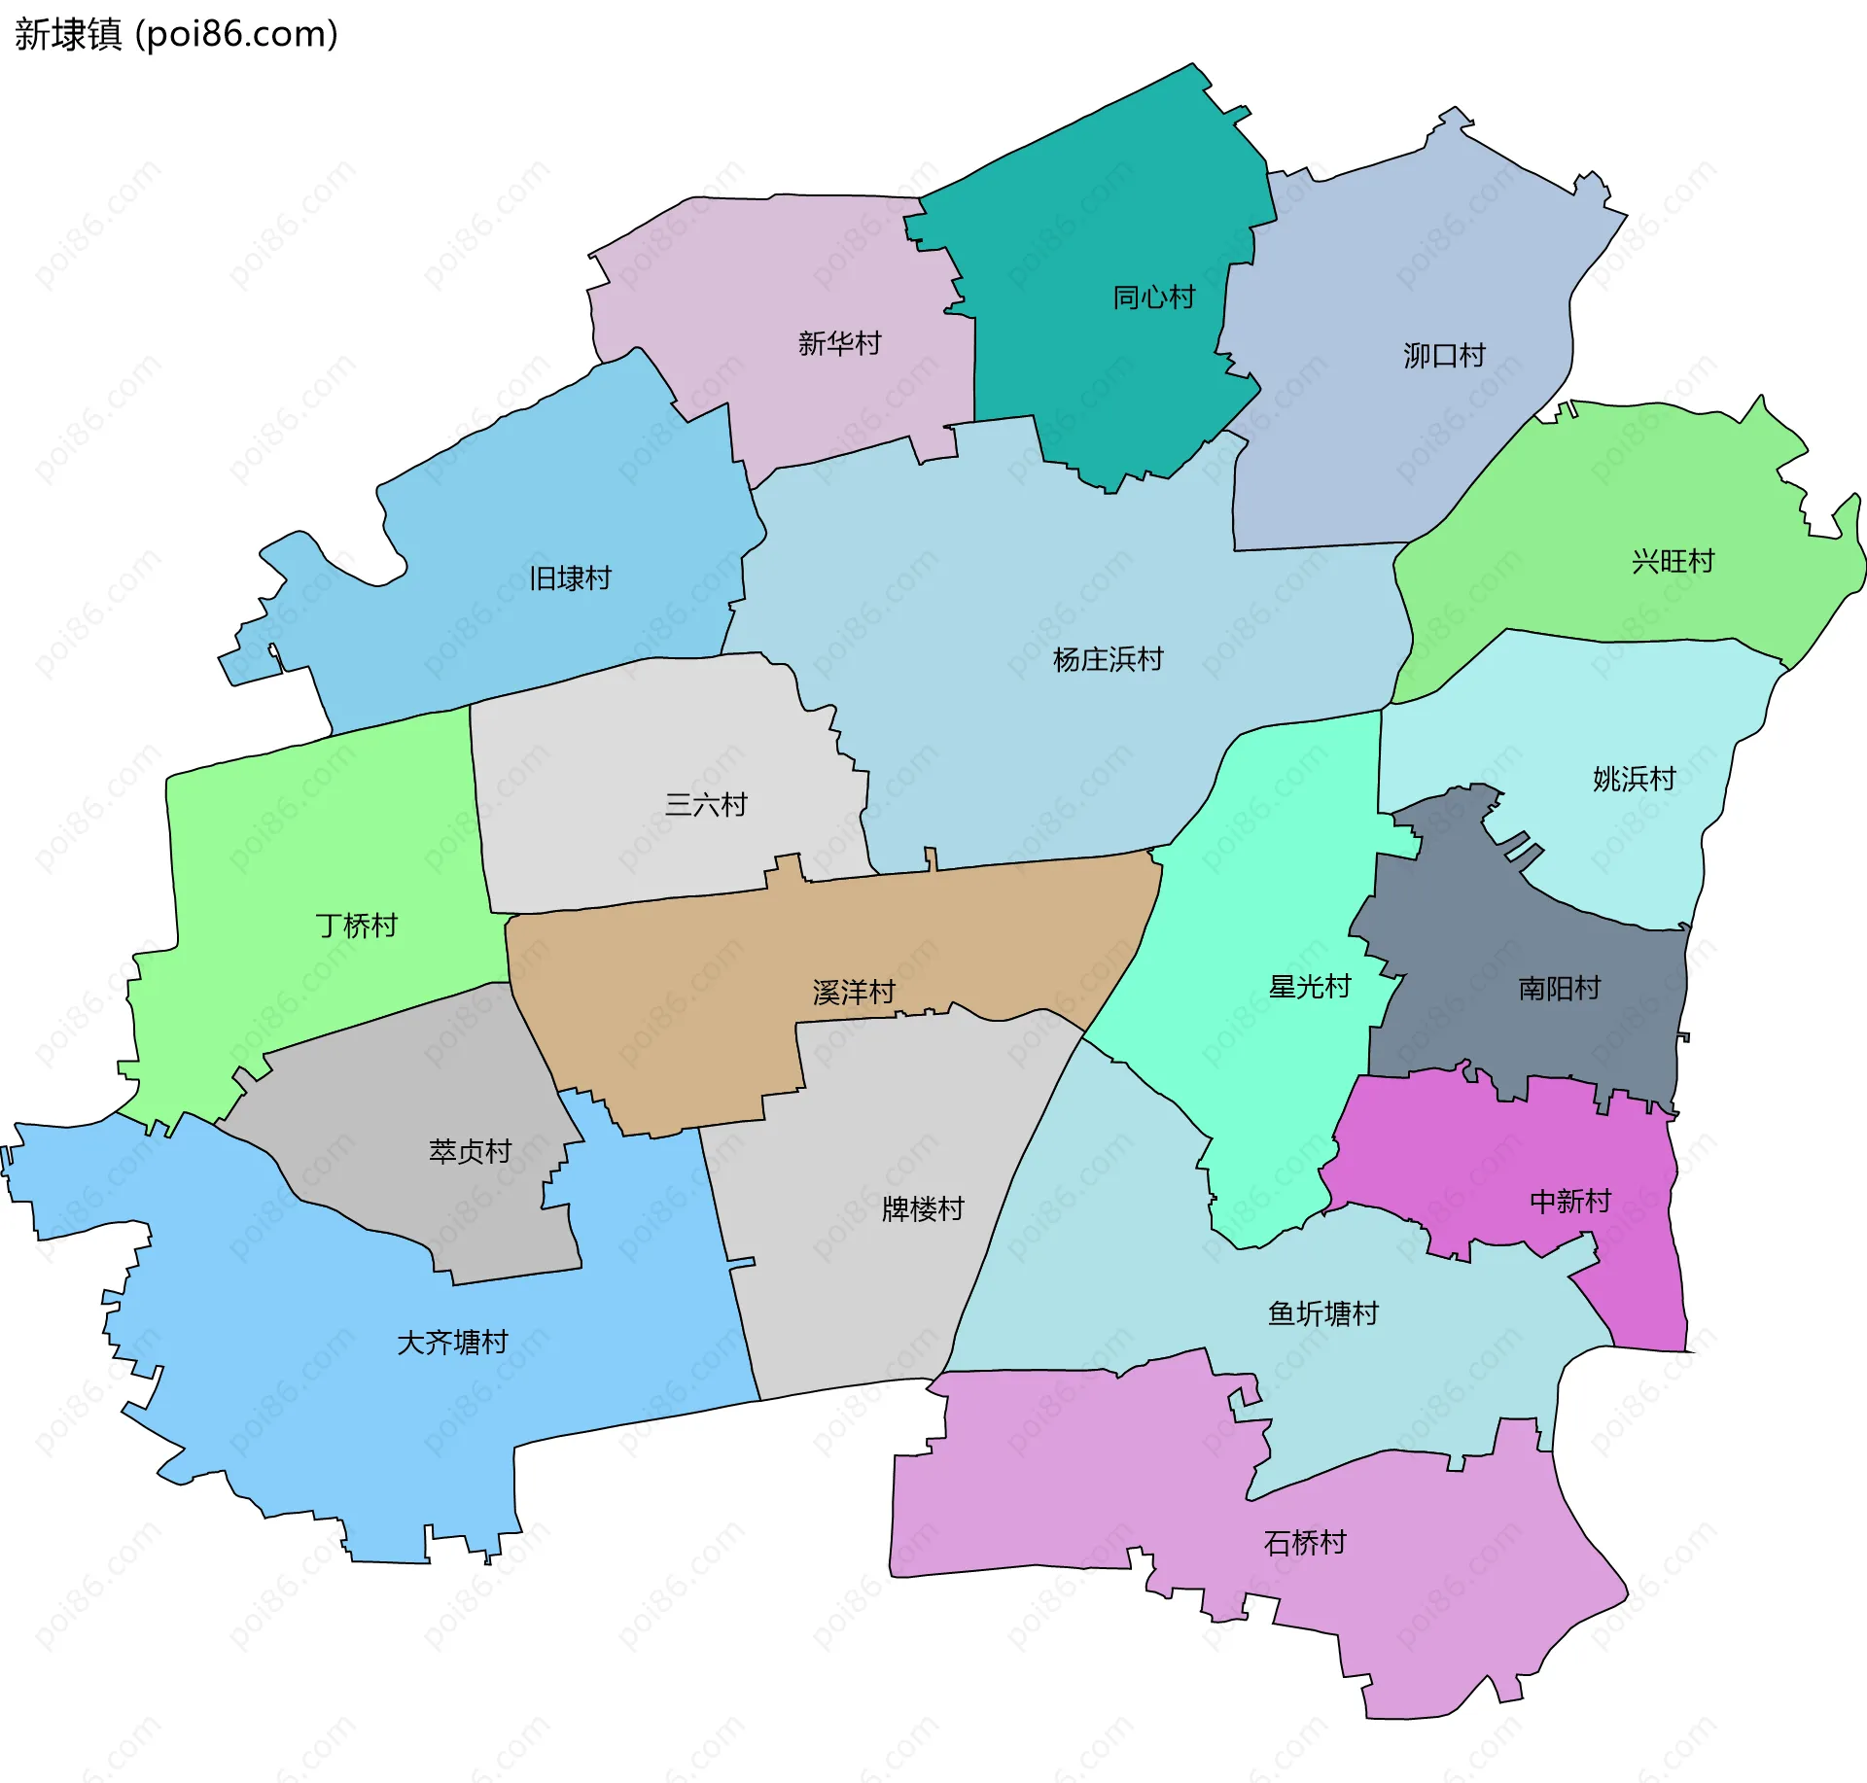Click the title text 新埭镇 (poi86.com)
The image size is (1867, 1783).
(176, 34)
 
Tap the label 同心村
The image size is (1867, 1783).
(1153, 297)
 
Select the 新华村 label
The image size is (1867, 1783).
(839, 343)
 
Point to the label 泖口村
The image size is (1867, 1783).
(1444, 356)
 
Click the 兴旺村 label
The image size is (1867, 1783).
(1673, 562)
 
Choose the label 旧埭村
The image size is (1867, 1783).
(570, 578)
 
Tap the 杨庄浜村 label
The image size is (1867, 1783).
(1108, 660)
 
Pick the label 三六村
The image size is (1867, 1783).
(706, 805)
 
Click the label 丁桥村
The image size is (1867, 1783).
(357, 926)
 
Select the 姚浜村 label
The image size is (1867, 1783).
(1634, 779)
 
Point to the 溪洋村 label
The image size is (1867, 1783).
(854, 993)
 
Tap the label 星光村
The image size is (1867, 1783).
(1310, 988)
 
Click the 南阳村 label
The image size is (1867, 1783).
(1560, 989)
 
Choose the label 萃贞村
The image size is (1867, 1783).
(471, 1152)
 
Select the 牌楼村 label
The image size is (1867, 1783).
(923, 1209)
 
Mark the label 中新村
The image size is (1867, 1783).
(1570, 1202)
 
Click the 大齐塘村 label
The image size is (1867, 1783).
(453, 1343)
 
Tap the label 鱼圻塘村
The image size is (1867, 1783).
(1323, 1314)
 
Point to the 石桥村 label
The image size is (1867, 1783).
(1305, 1543)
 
